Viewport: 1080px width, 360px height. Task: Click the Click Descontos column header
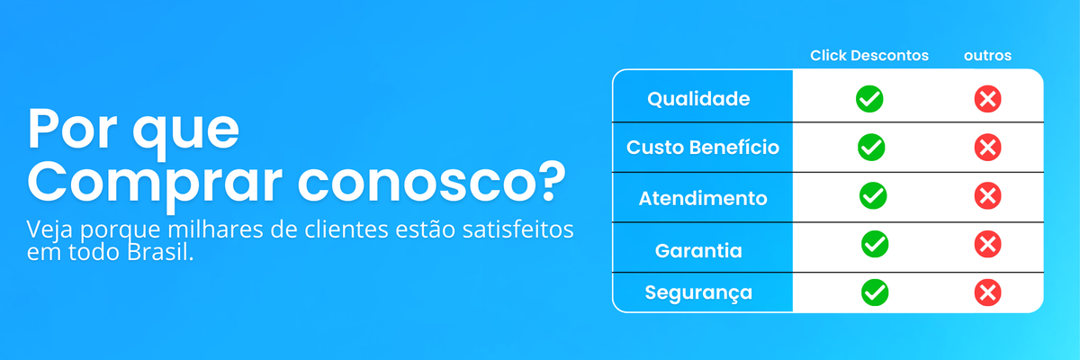tap(869, 56)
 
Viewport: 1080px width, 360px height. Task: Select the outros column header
tap(987, 56)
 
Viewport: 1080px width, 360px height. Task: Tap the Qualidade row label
tap(698, 99)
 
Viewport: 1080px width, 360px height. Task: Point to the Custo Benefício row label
tap(703, 147)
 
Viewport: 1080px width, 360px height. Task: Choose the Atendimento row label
tap(703, 198)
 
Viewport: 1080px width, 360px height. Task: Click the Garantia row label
tap(698, 250)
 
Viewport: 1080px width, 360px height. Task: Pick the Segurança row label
tap(698, 292)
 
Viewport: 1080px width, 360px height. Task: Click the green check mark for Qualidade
tap(869, 99)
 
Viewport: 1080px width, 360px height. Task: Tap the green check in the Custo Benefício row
tap(871, 147)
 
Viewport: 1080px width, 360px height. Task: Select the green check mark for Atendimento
tap(873, 195)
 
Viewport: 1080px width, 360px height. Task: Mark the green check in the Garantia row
tap(875, 244)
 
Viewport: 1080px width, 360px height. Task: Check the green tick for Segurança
tap(875, 292)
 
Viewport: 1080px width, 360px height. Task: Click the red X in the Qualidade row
tap(987, 99)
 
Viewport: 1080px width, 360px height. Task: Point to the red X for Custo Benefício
tap(987, 147)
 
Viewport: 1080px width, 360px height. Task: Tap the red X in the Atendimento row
tap(987, 195)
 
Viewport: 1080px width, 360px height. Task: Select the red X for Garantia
tap(987, 244)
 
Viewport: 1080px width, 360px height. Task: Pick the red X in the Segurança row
tap(987, 292)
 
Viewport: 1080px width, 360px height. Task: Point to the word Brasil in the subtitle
tap(160, 252)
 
